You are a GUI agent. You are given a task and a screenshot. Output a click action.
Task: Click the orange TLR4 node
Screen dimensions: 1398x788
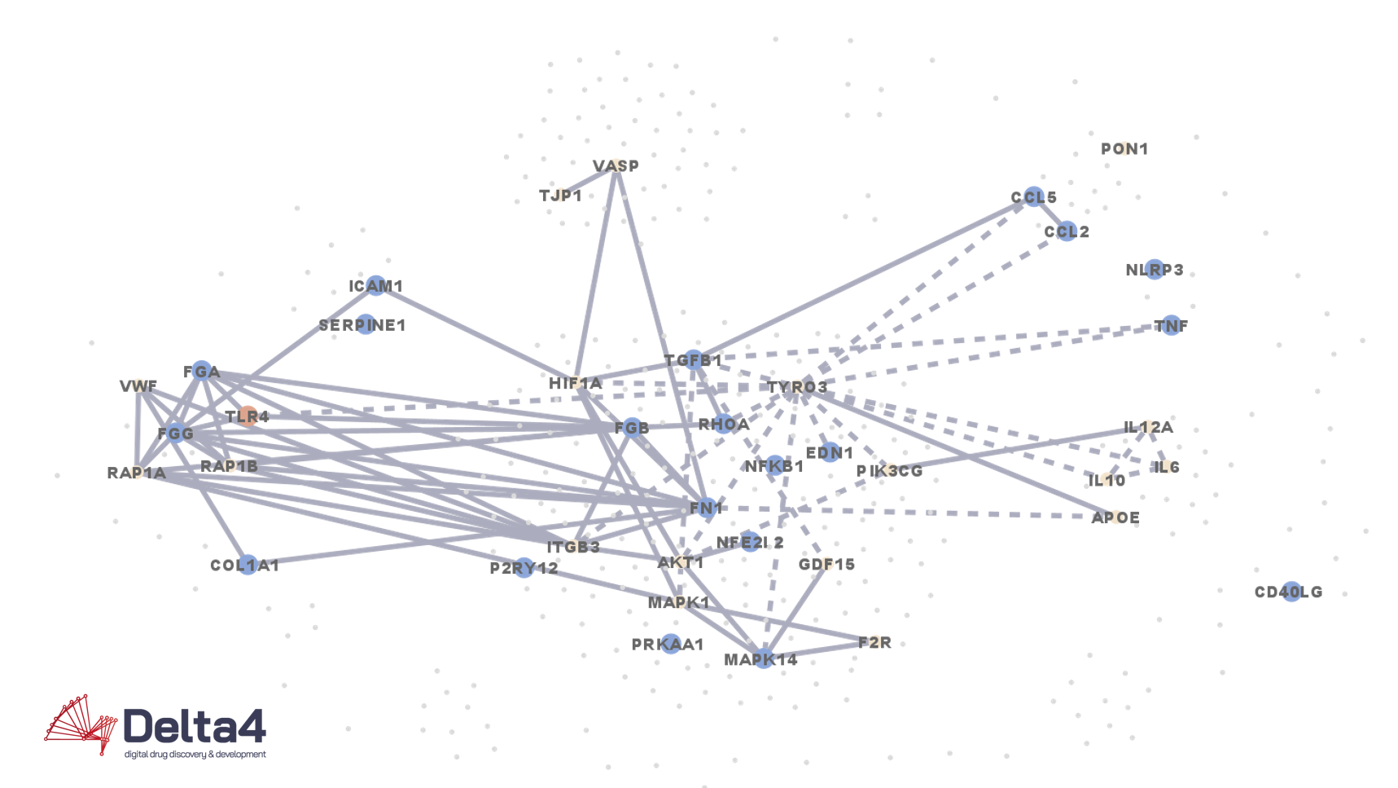[248, 416]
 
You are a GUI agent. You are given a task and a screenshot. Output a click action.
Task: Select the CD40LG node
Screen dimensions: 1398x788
[1291, 592]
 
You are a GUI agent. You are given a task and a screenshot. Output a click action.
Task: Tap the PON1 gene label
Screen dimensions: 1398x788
[1124, 149]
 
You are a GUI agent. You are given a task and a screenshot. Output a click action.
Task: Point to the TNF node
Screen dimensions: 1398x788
[1171, 326]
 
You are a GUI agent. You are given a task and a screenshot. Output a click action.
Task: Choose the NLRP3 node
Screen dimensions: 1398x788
[1155, 270]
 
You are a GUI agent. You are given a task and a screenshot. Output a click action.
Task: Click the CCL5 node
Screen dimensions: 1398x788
[1034, 197]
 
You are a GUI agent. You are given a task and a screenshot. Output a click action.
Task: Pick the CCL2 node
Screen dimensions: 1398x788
[1067, 231]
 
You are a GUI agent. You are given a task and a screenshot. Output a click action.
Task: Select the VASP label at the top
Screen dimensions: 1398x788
[616, 166]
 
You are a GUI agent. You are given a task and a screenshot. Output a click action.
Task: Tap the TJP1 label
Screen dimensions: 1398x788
[560, 196]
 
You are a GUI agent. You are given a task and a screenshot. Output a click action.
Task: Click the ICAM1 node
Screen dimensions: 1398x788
[375, 285]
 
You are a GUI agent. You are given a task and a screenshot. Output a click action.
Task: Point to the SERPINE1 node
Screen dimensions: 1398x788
[366, 324]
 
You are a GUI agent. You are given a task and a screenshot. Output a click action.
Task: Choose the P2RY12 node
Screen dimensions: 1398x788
[525, 568]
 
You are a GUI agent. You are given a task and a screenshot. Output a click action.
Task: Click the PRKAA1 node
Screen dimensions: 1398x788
[670, 644]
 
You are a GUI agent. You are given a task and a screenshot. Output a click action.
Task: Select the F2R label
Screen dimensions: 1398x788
[874, 643]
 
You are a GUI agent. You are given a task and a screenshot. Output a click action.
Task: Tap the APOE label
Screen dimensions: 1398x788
[1115, 518]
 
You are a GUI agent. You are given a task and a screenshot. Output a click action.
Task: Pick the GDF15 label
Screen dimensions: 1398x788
[826, 565]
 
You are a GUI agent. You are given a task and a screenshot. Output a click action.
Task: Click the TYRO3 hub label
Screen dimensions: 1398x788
[797, 387]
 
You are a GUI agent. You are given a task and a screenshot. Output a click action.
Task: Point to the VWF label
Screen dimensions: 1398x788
[138, 386]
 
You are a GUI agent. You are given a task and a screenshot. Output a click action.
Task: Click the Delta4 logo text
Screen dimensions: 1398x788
[195, 726]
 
